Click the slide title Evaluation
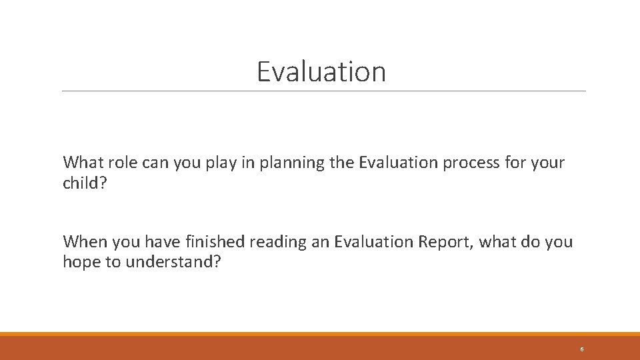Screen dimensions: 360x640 coord(321,71)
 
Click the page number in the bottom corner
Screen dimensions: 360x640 coord(582,349)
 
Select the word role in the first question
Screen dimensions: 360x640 coord(117,163)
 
